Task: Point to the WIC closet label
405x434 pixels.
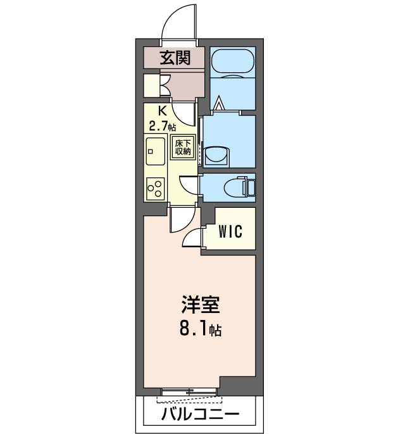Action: [230, 232]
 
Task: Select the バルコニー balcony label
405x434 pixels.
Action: [199, 416]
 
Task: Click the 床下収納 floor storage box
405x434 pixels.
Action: [183, 147]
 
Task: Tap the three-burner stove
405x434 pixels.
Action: [154, 187]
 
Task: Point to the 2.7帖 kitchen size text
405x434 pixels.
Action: [162, 125]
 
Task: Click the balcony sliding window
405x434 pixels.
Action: [190, 393]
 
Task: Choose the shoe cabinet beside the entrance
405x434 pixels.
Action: [152, 85]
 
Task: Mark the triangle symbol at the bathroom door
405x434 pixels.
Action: [220, 103]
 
